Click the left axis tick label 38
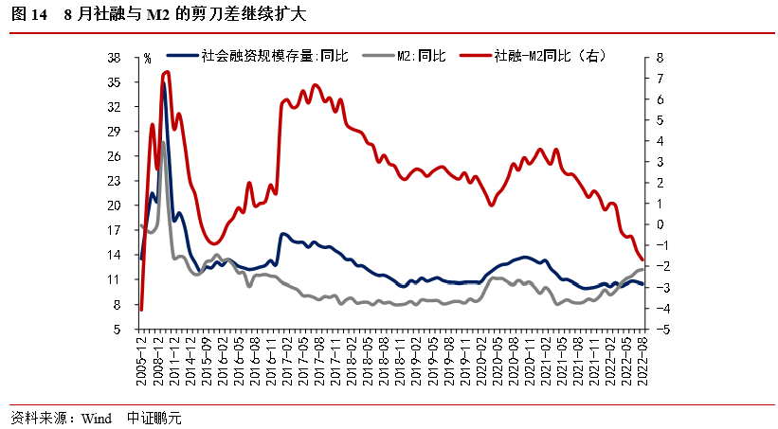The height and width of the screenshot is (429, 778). [113, 58]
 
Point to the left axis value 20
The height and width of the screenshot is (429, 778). [113, 206]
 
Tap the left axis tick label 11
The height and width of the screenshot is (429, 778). [113, 279]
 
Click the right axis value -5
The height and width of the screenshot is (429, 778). [661, 330]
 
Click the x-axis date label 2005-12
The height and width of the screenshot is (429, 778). [141, 359]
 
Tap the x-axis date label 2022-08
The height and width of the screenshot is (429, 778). [643, 359]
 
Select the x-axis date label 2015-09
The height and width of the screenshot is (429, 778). [206, 359]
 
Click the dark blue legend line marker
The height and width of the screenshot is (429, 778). [182, 57]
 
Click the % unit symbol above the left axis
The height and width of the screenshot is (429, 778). [147, 59]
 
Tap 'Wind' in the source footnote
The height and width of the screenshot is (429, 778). [97, 417]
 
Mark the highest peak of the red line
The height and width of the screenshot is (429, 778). [167, 72]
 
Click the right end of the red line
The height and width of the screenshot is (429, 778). [642, 259]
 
